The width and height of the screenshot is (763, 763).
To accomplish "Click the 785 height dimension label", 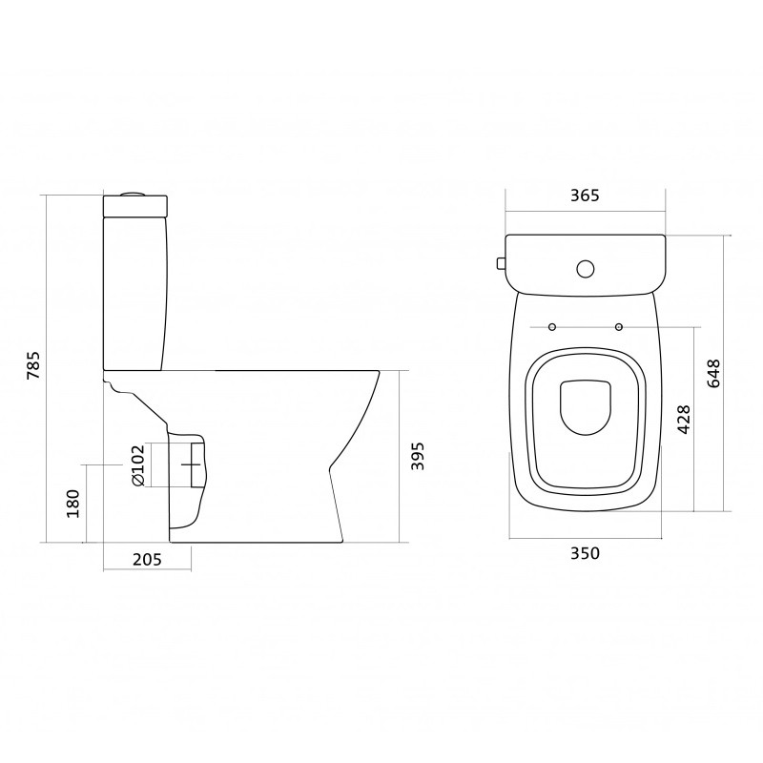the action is tap(34, 365).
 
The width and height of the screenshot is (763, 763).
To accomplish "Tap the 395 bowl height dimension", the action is tap(418, 456).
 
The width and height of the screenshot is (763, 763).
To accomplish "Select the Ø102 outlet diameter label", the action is tap(138, 465).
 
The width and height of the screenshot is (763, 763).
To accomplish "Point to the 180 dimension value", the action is tap(72, 504).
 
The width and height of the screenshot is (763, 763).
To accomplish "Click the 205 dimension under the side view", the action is tap(147, 560).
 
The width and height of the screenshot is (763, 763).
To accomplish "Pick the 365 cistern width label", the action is tap(585, 196).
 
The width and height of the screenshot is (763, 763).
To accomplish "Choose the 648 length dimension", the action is tap(712, 373).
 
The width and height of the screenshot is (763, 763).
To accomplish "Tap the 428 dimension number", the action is tap(684, 419).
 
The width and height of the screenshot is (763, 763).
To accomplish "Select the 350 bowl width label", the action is tap(585, 553).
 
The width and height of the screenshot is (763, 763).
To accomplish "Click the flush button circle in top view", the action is tap(586, 269).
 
